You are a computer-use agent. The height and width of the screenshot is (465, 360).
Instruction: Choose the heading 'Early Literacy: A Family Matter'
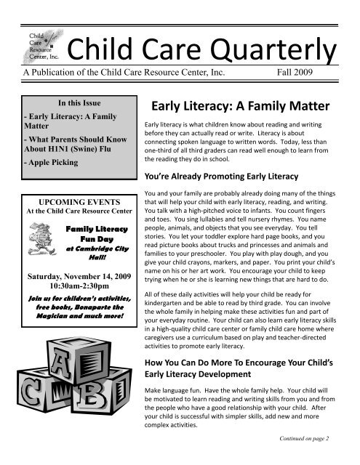click(237, 105)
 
